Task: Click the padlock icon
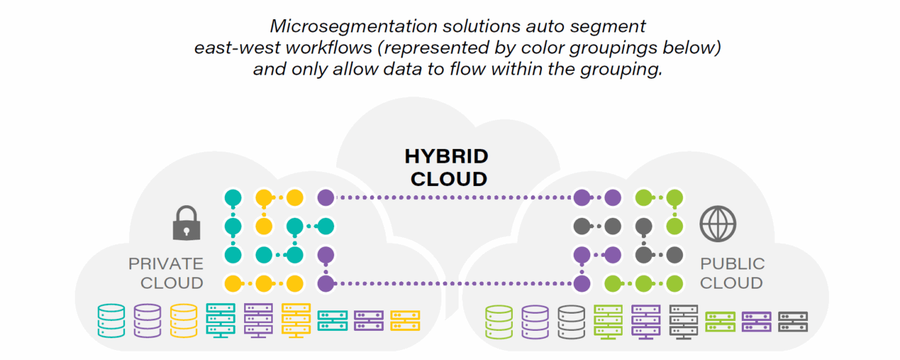[x=186, y=223]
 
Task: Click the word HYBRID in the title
[x=446, y=157]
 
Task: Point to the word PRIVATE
[x=166, y=263]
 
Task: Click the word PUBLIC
[x=733, y=263]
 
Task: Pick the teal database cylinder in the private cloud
[x=111, y=320]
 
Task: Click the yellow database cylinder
[x=183, y=320]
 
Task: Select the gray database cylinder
[x=571, y=321]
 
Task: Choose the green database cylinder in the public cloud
[x=499, y=321]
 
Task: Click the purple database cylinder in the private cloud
[x=147, y=320]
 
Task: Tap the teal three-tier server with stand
[x=220, y=320]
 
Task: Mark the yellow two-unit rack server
[x=404, y=320]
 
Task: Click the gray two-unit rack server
[x=792, y=321]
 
